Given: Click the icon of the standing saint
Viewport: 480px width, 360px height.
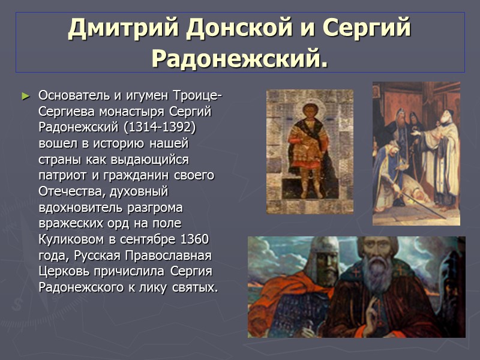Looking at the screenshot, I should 310,151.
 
